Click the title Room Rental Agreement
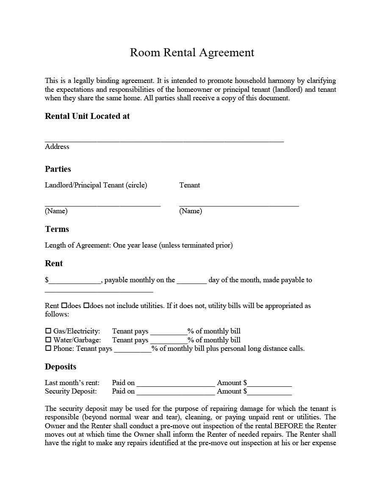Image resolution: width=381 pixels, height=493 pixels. tap(192, 52)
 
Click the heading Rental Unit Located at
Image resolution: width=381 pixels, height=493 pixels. tap(87, 116)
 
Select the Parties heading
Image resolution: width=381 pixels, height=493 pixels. tap(58, 169)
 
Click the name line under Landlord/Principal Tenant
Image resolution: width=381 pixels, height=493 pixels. tap(103, 204)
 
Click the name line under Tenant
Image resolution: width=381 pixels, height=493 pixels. tap(239, 204)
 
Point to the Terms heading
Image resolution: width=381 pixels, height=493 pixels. tap(57, 229)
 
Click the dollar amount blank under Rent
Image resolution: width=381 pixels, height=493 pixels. tap(75, 281)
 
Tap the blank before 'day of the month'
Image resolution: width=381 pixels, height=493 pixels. tap(191, 281)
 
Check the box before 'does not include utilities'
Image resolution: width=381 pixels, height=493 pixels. tap(86, 305)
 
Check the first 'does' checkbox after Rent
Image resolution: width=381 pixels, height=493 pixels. tap(64, 305)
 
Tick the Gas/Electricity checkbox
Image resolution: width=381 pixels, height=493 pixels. tap(48, 331)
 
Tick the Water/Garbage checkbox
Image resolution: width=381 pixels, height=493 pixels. tap(48, 340)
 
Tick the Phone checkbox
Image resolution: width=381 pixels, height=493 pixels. tap(48, 348)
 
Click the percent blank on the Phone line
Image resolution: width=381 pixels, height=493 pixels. tap(133, 350)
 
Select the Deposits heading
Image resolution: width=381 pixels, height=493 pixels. tap(61, 367)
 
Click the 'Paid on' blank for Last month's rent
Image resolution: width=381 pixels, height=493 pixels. tap(176, 384)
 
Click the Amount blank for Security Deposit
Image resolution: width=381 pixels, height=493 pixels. tap(269, 393)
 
